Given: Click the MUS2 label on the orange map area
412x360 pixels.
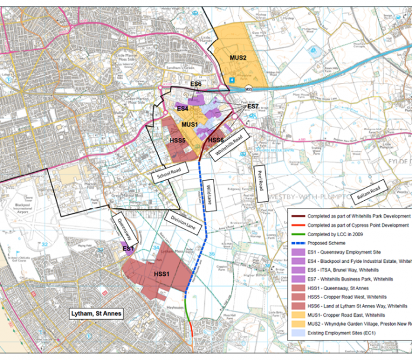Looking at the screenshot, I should [x=237, y=57].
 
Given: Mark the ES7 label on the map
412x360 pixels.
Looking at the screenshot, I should [x=253, y=106].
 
